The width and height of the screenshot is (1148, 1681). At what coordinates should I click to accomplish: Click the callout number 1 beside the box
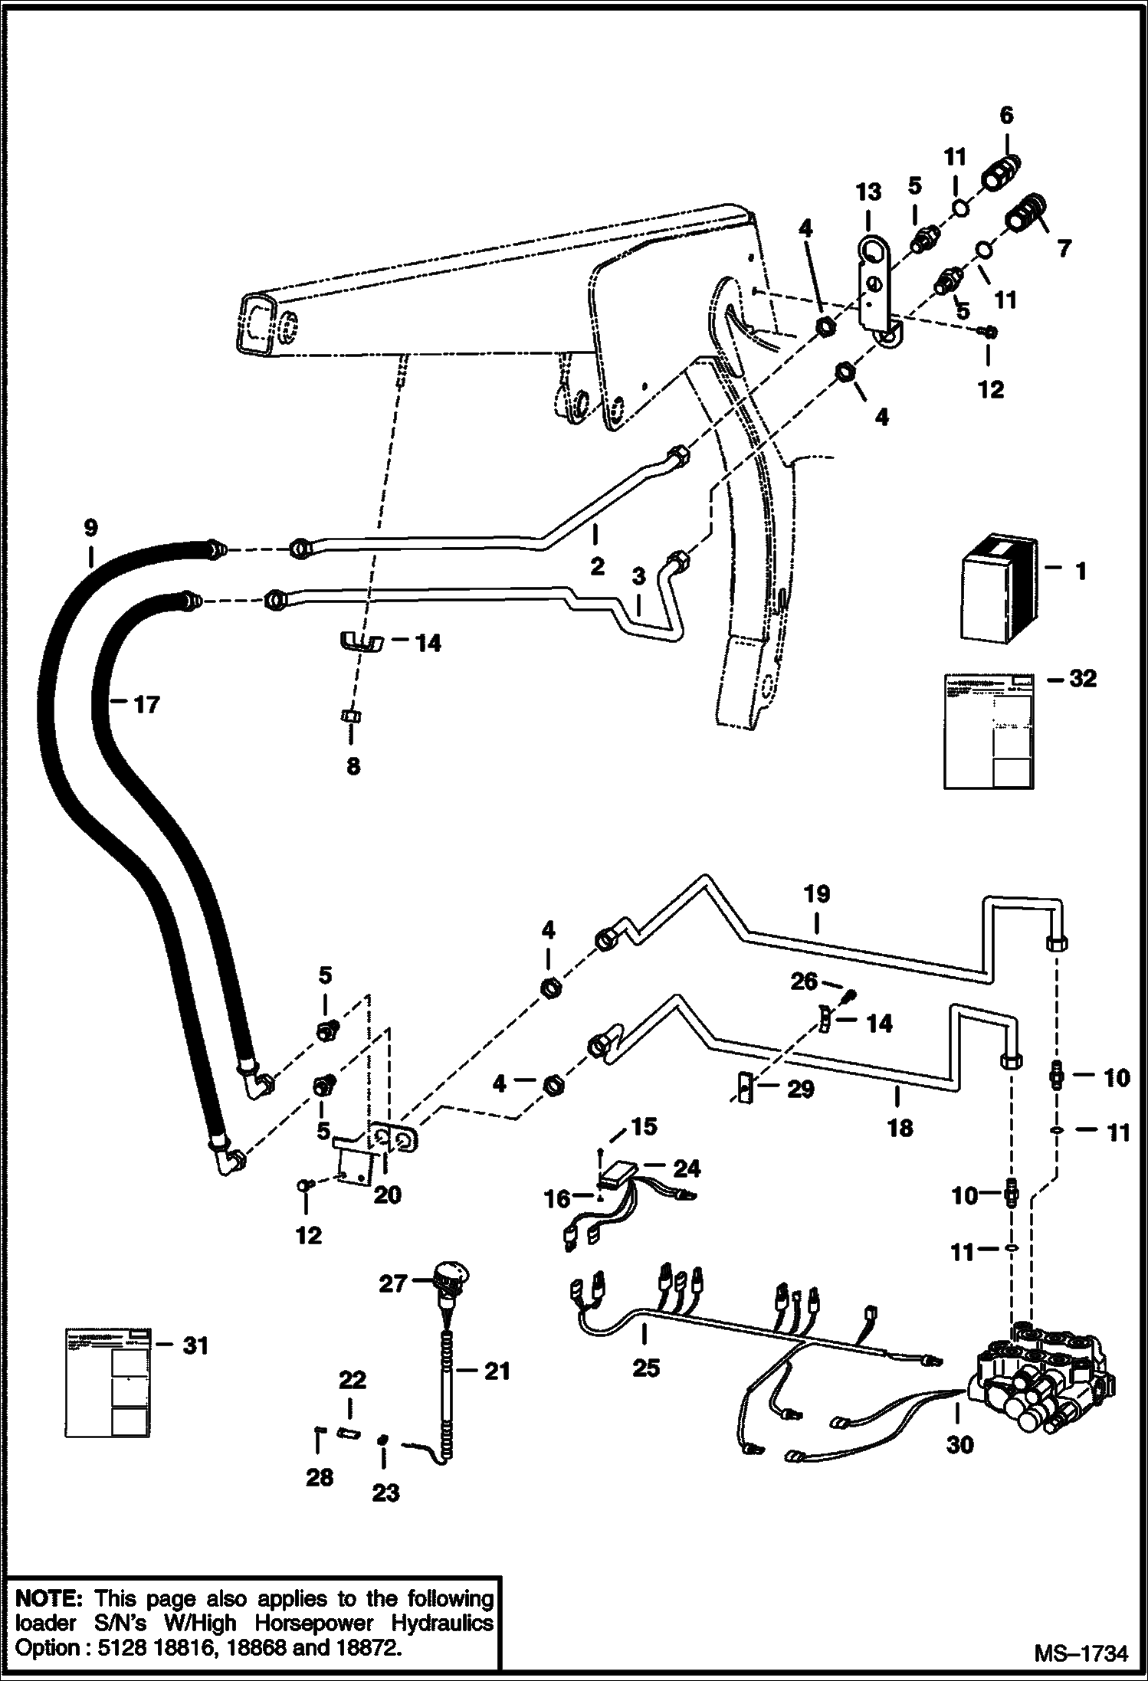click(x=1081, y=571)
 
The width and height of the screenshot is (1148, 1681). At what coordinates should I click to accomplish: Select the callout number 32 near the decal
click(x=1082, y=679)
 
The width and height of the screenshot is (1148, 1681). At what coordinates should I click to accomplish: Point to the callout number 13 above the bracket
click(x=868, y=192)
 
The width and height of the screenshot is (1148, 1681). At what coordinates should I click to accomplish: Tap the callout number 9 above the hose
click(x=90, y=527)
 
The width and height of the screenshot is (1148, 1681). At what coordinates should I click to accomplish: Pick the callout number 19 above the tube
click(x=817, y=894)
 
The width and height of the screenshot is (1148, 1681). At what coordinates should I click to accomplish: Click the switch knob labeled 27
click(x=450, y=1276)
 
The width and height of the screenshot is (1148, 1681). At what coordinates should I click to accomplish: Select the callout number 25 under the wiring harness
click(x=645, y=1368)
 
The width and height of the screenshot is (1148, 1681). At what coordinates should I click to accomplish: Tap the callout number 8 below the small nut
click(x=353, y=765)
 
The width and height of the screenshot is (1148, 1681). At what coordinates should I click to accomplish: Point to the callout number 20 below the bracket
click(x=387, y=1194)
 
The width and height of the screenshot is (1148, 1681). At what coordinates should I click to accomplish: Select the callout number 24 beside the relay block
click(x=686, y=1168)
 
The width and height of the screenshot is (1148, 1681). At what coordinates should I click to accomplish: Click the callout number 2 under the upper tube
click(x=597, y=566)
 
